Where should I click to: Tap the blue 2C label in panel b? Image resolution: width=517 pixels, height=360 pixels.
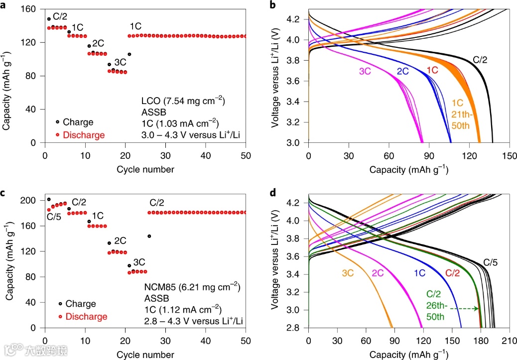click(x=403, y=71)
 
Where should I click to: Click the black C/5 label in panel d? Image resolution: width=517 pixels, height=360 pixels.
click(x=491, y=262)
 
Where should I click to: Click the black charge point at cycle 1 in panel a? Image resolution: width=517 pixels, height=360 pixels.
click(x=49, y=19)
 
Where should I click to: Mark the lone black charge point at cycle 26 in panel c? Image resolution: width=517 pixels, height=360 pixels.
click(x=149, y=236)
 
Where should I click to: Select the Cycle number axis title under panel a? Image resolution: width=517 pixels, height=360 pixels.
click(x=145, y=169)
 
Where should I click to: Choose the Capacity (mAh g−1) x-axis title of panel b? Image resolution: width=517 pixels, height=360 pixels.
click(x=408, y=169)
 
